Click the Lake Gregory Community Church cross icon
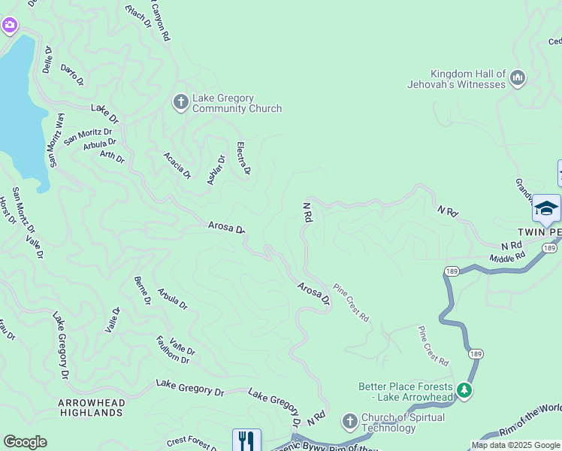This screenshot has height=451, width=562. tap(180, 102)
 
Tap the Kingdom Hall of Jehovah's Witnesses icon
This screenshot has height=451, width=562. tap(518, 78)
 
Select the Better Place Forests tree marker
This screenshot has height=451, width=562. tap(464, 390)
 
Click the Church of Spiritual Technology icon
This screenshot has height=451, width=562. tap(349, 421)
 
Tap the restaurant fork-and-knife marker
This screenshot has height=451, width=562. tap(246, 440)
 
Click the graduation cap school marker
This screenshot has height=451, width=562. tap(546, 208)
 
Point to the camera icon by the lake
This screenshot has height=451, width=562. tap(9, 26)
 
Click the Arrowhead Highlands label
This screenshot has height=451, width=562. tap(92, 408)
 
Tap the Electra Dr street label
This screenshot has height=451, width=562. tap(243, 159)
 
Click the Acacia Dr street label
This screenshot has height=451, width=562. tap(178, 165)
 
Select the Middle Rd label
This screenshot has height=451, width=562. tap(507, 258)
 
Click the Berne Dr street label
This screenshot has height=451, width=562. tap(142, 290)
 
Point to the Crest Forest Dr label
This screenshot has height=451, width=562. tap(192, 444)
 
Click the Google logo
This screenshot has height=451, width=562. tap(25, 442)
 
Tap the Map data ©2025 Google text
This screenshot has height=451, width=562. tap(515, 445)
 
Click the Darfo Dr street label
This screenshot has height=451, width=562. tap(72, 74)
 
